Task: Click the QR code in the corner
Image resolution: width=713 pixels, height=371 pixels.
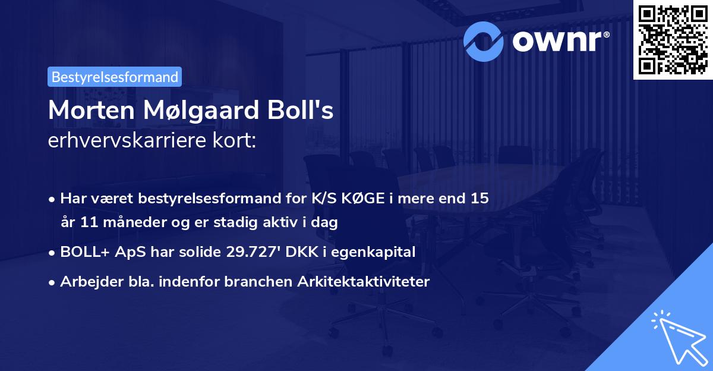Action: [673, 39]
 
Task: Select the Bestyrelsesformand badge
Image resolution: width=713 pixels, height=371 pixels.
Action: [115, 77]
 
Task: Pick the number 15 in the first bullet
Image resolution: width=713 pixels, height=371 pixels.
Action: [479, 198]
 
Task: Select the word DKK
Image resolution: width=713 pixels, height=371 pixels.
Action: [298, 252]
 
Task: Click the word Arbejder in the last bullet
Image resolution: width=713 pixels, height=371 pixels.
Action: [86, 281]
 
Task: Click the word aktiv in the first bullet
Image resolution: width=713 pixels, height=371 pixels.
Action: [305, 223]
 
